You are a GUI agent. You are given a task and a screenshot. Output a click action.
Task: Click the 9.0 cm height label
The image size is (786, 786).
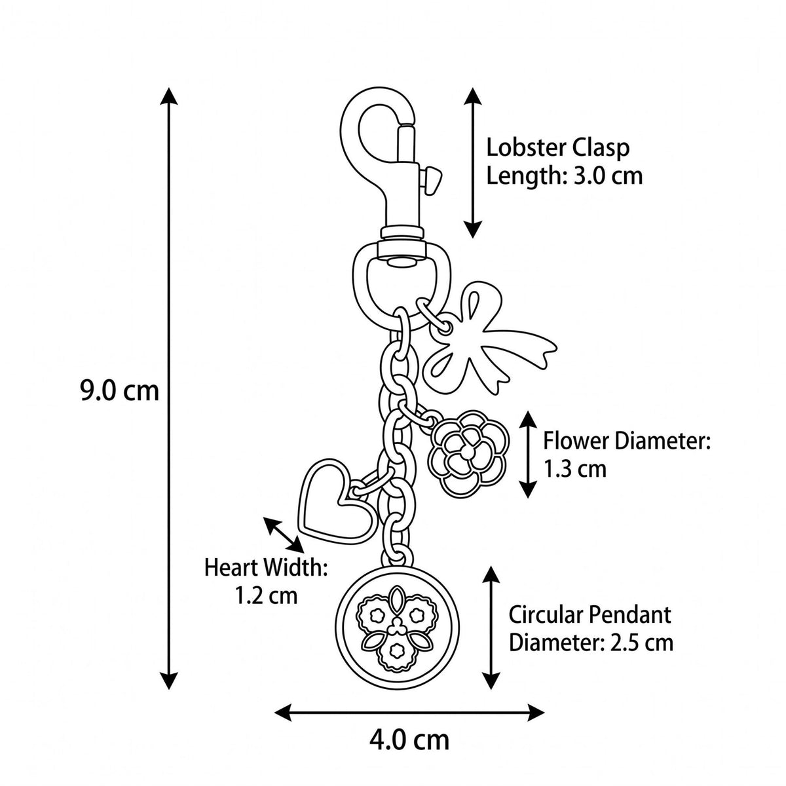click(x=119, y=390)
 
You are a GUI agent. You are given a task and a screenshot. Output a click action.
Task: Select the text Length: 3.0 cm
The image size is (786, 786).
click(x=565, y=176)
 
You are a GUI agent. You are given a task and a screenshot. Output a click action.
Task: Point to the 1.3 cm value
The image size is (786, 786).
click(x=574, y=469)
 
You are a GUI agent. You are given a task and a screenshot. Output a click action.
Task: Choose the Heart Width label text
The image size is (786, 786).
click(x=265, y=568)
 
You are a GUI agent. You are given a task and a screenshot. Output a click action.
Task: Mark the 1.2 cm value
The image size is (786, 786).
click(x=267, y=596)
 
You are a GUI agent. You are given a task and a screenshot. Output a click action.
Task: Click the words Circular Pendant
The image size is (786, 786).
click(x=589, y=626)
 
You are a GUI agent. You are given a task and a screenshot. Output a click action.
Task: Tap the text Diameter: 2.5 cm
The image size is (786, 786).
click(x=591, y=654)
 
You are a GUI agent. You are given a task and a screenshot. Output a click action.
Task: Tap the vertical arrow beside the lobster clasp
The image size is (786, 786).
click(x=473, y=162)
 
